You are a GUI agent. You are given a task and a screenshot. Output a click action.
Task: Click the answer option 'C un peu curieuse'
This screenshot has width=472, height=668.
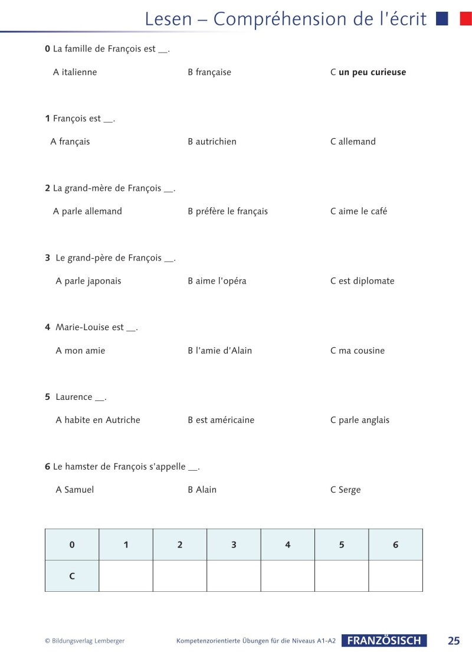[368, 73]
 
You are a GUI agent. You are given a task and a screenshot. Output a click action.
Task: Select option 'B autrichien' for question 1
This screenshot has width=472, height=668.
[212, 142]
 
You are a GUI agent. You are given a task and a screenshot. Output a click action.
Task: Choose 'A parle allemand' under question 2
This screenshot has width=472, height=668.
[87, 211]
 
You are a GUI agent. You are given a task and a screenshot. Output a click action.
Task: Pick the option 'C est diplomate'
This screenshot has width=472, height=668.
[362, 281]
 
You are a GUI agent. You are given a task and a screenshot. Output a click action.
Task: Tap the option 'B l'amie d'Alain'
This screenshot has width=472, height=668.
[219, 351]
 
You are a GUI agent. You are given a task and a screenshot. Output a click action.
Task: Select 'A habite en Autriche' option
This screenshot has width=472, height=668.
[98, 421]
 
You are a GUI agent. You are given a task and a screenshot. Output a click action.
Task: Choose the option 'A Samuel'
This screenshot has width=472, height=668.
[74, 490]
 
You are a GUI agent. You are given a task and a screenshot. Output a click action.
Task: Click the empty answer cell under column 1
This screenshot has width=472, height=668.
[126, 576]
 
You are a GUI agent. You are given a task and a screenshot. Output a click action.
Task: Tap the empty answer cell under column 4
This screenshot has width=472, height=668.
[287, 576]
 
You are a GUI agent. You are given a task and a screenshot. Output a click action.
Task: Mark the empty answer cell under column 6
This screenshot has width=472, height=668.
[395, 576]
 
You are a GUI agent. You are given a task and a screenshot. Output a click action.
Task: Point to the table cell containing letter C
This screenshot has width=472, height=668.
[72, 576]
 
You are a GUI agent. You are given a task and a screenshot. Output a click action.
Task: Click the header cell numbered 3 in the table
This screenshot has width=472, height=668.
[234, 545]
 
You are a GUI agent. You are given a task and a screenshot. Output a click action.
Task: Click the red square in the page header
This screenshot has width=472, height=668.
[466, 19]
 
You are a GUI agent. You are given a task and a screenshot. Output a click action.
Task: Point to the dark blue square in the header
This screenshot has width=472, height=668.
[442, 19]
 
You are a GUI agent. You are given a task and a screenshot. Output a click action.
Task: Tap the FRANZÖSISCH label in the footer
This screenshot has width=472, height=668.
[384, 641]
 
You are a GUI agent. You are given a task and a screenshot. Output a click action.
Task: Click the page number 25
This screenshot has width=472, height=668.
[454, 641]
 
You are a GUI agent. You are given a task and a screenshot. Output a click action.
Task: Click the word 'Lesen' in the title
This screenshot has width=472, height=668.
[168, 19]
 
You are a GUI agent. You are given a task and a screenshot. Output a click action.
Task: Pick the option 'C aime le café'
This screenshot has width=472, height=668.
[359, 211]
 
